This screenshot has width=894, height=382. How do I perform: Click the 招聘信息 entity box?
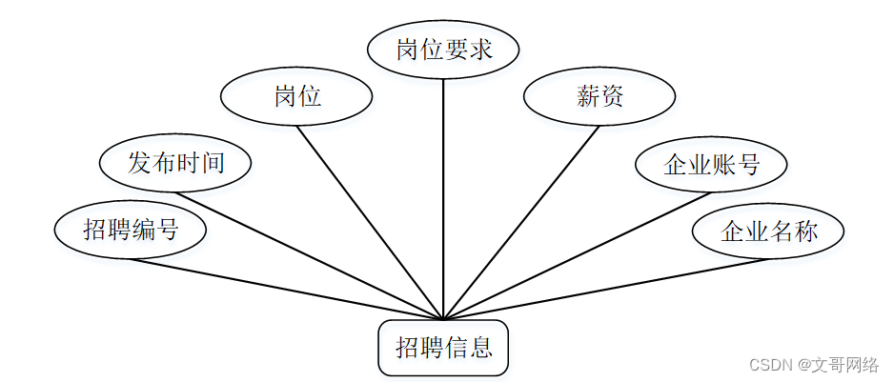click(443, 348)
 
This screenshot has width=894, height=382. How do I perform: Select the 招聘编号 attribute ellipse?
click(131, 230)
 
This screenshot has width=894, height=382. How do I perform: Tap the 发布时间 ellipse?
click(175, 162)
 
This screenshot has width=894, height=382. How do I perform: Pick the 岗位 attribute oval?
click(296, 96)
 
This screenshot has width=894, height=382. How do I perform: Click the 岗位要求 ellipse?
click(443, 50)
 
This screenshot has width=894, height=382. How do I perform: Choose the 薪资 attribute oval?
click(599, 96)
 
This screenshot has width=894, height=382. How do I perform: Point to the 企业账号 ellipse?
click(711, 164)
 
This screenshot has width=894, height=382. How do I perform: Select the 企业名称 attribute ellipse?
click(768, 231)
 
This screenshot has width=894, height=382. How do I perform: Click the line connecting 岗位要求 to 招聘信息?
click(443, 191)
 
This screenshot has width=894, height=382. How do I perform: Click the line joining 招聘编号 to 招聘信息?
click(286, 289)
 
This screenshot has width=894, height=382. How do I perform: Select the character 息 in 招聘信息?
click(481, 348)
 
